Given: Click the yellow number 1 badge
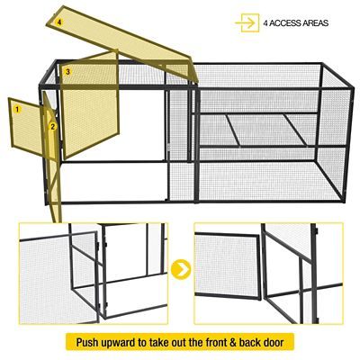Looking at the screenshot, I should pos(16,108).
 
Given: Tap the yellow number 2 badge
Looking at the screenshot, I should pos(53,127).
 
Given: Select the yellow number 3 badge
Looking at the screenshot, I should pos(68,70).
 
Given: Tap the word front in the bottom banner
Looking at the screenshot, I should pos(223,343).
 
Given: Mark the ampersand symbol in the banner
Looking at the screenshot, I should pos(244,343).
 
